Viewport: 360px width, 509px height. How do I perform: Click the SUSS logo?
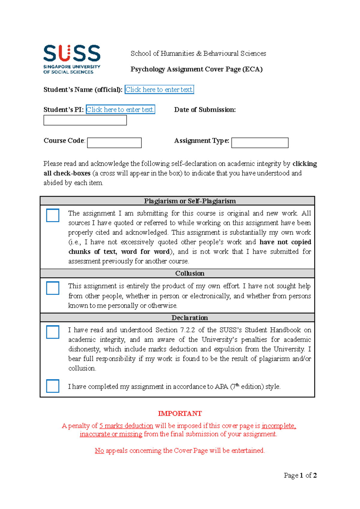pos(72,59)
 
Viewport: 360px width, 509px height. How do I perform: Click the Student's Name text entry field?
pos(159,90)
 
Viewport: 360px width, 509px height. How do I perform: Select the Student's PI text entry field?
pos(120,110)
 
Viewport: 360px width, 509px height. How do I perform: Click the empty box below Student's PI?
pos(85,120)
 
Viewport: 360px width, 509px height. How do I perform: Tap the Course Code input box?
pos(114,143)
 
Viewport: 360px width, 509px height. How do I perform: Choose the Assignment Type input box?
pos(260,143)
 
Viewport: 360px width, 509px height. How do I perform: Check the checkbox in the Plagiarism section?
pos(53,215)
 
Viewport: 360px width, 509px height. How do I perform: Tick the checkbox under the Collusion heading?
pos(53,288)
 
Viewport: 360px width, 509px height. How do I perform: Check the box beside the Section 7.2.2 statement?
pos(53,332)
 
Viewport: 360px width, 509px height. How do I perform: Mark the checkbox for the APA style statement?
pos(53,386)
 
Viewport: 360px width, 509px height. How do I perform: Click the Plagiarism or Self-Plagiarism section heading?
pos(190,201)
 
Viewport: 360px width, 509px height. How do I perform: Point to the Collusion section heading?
pos(190,273)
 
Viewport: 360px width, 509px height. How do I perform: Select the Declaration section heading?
pos(190,318)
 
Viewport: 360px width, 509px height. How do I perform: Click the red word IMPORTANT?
pos(180,414)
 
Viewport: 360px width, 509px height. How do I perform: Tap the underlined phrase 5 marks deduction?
pos(126,426)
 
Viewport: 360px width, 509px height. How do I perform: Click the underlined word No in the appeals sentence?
pos(99,451)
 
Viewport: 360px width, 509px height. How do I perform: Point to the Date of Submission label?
pos(205,110)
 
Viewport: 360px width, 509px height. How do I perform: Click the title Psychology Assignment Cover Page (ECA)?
pos(196,69)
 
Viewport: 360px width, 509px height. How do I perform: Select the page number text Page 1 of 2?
pos(300,475)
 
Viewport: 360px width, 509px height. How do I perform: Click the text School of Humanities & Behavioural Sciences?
pos(198,54)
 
